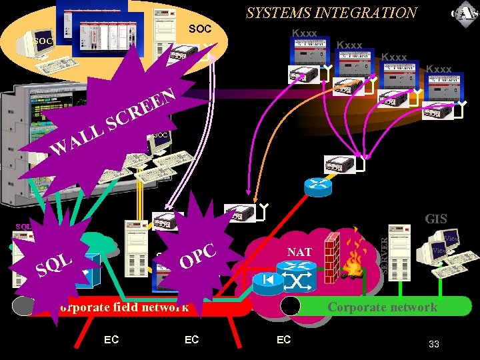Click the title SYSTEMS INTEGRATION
(x=331, y=13)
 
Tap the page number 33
(x=433, y=344)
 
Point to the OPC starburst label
(x=199, y=255)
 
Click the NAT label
(x=299, y=253)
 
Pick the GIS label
(x=436, y=219)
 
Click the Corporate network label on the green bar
(x=382, y=307)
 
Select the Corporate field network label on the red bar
(x=124, y=307)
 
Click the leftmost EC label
(x=111, y=340)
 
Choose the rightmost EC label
(x=283, y=340)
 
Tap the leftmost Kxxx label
(x=305, y=33)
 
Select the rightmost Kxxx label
(x=439, y=69)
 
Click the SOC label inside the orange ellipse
(x=43, y=41)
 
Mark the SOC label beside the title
(x=200, y=29)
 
